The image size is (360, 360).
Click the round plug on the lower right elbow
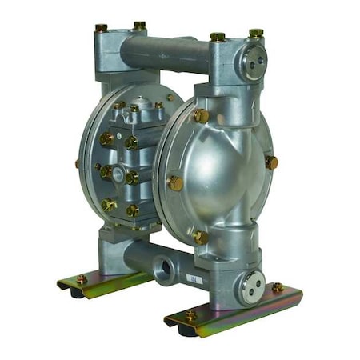coord(253,286)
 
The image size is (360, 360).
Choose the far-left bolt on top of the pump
coord(102,29)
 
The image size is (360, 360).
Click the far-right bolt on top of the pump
coord(255,34)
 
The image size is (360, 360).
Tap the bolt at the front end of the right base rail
coord(190,316)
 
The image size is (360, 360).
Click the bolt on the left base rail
coord(81,279)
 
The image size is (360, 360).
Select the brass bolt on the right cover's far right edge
coord(272,162)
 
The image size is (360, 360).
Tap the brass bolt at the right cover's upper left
coord(200,116)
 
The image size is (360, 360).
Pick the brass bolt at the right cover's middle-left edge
coord(174,182)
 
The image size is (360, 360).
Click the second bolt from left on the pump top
coord(139,26)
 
